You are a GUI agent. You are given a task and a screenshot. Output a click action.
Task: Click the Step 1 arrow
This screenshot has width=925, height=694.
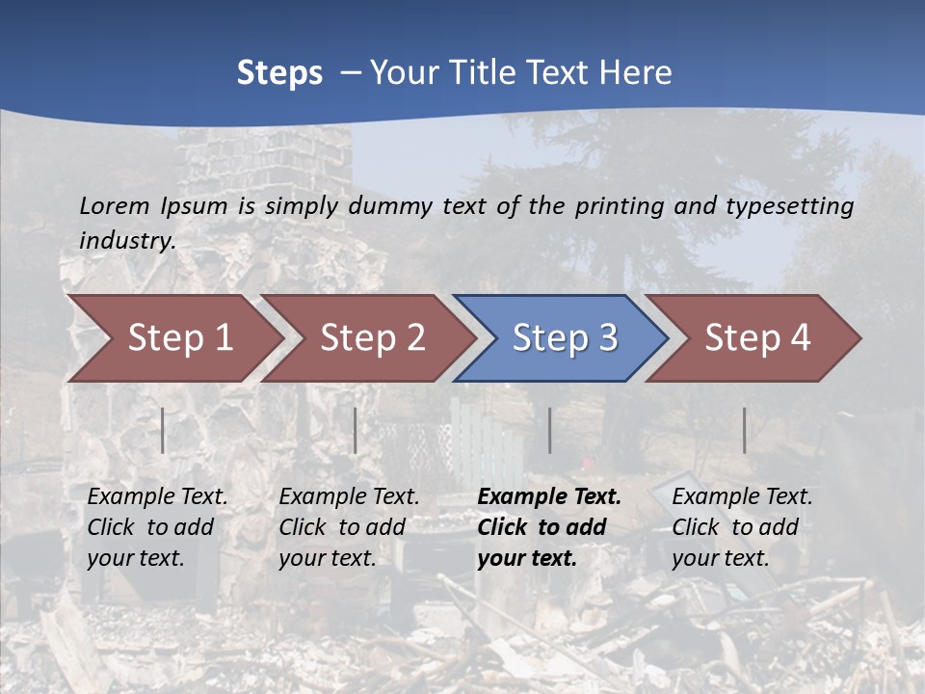click(x=178, y=338)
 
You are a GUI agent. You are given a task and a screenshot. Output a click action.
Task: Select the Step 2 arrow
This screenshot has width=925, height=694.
click(x=371, y=338)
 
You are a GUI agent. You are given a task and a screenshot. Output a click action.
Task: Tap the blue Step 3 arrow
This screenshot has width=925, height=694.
click(x=564, y=338)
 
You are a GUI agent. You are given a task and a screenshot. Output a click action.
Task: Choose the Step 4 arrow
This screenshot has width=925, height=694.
click(x=756, y=338)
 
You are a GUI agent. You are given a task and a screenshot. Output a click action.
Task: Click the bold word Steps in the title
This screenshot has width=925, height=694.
click(x=279, y=73)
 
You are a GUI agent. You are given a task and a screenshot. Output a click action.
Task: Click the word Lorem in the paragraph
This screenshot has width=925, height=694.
click(x=115, y=206)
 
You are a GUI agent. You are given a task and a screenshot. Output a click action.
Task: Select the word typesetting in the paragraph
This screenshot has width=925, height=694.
click(x=790, y=206)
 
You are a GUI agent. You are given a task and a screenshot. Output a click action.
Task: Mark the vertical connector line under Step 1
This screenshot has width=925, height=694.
click(x=163, y=430)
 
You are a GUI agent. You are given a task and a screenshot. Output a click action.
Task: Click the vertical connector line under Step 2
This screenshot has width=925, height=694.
click(x=356, y=430)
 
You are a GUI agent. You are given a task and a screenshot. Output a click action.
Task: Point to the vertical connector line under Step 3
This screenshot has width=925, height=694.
click(x=549, y=430)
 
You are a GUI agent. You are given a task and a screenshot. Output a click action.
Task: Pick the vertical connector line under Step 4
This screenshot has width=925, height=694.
click(x=744, y=430)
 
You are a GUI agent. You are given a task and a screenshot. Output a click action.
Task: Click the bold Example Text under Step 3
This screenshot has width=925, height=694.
click(x=548, y=497)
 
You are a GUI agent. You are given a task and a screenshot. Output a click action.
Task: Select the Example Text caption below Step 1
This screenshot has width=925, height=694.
click(x=157, y=497)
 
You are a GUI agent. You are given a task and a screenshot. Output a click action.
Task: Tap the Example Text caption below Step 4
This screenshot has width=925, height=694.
click(x=742, y=497)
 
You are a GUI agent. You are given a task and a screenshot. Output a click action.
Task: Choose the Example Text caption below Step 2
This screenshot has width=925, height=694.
click(x=349, y=497)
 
